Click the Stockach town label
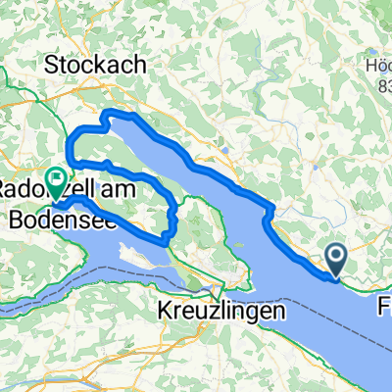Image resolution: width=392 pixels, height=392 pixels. tap(96, 66)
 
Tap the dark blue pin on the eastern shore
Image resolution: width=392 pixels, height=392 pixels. tap(335, 261)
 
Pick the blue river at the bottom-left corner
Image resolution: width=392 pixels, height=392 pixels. tap(20, 377)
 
